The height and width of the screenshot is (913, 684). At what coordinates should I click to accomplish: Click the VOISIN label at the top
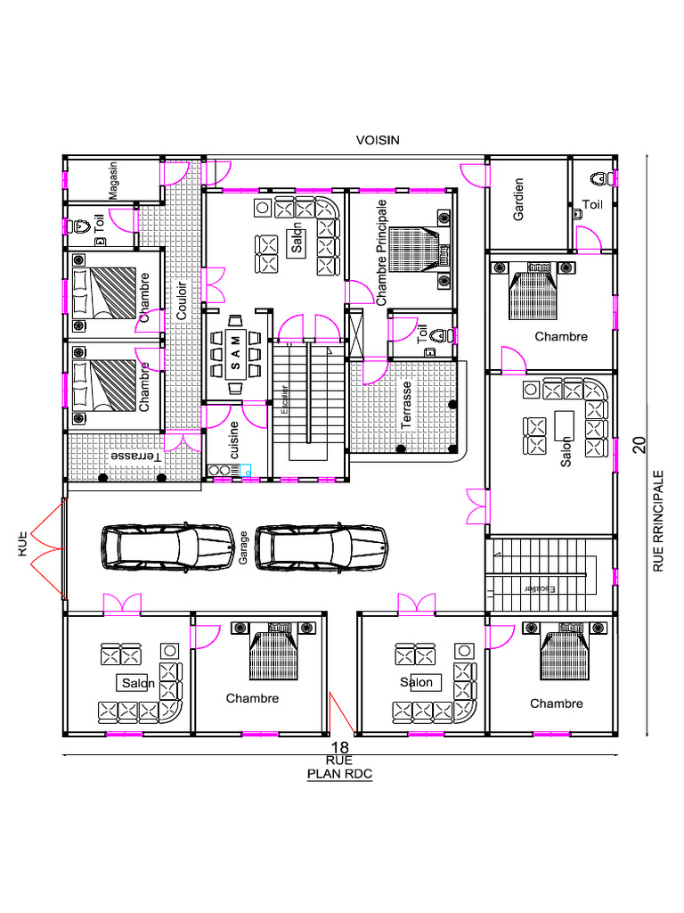tap(378, 140)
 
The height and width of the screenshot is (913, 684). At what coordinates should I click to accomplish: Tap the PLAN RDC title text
tap(339, 774)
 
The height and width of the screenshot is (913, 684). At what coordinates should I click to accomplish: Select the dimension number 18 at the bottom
tap(339, 747)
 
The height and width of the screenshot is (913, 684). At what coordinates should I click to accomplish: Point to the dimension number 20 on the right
tap(639, 446)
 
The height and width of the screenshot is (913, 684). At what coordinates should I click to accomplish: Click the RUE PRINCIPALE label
tap(658, 522)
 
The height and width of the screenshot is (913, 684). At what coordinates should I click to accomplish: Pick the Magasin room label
tap(113, 181)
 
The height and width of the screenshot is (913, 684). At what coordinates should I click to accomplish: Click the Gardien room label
tap(518, 199)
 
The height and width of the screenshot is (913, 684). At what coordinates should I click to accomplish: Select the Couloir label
tap(183, 301)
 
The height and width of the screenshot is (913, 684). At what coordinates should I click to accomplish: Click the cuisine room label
tap(235, 440)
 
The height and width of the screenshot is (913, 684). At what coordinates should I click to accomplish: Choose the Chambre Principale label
tap(381, 252)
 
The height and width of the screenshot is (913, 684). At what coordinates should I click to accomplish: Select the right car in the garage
tap(321, 547)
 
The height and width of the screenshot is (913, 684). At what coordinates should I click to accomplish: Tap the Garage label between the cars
tap(242, 547)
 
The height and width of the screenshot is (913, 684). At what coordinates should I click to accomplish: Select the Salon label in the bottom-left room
tap(138, 683)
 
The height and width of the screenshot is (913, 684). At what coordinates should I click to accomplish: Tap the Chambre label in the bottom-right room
tap(557, 703)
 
